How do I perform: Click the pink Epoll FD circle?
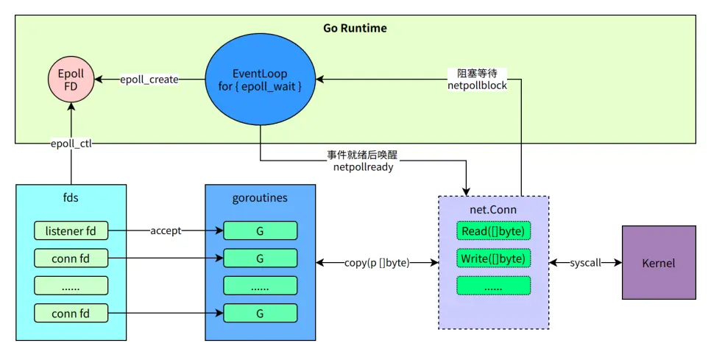71,80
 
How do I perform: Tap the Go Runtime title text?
355,29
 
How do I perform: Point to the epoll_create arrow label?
149,80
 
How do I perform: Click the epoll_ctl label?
71,144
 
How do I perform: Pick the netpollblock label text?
477,86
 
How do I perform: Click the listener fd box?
71,230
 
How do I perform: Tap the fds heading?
71,199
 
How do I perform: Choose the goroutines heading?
260,199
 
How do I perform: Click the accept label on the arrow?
166,230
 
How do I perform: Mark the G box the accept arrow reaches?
260,230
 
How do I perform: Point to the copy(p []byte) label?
377,263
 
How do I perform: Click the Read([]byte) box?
493,231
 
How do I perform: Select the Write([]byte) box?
493,258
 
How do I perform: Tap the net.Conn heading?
493,210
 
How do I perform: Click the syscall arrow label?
585,263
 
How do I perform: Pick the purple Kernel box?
659,263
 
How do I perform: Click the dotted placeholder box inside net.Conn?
493,286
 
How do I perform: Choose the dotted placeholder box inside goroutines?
260,286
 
